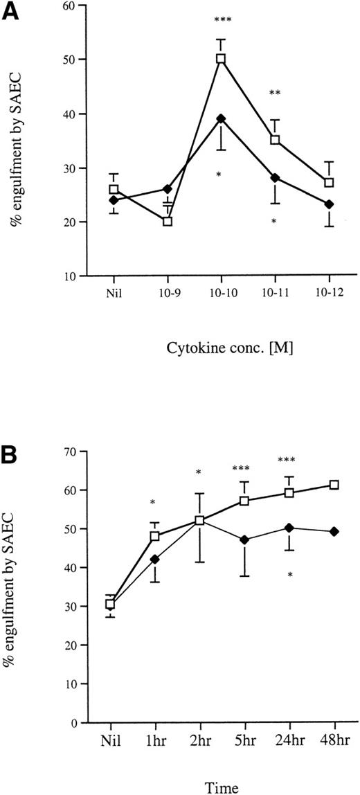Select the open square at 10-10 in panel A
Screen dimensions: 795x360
point(221,59)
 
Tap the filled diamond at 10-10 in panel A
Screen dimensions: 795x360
point(221,118)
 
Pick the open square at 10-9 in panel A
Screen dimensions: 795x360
point(167,222)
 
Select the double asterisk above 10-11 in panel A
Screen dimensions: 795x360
point(275,93)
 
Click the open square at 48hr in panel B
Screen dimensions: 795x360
point(334,485)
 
